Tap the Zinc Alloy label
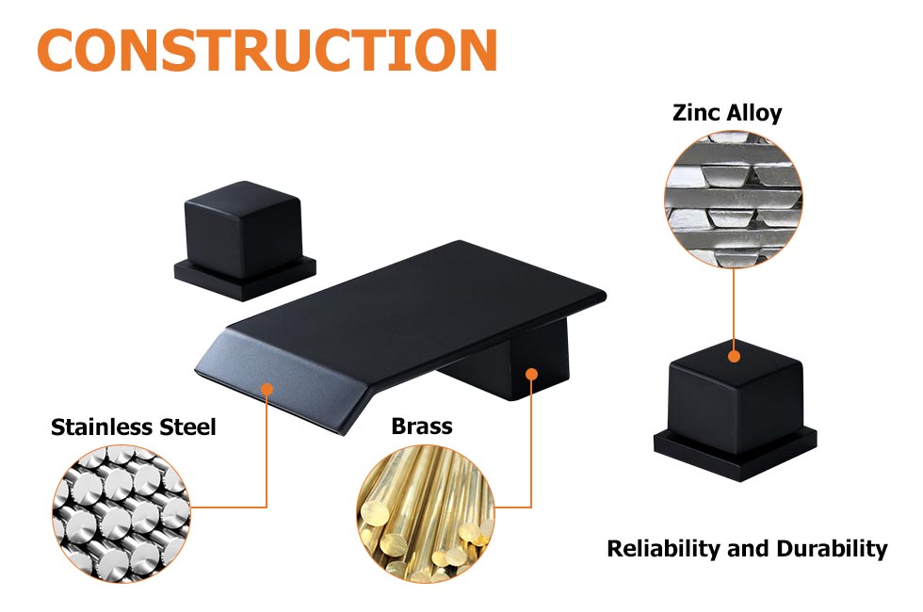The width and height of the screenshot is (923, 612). click(727, 113)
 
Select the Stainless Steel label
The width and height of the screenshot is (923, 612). click(134, 427)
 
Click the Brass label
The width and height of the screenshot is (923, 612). click(421, 427)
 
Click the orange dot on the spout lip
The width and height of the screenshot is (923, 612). click(267, 388)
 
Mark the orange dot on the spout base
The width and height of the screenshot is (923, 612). click(531, 375)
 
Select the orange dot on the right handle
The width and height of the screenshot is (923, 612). click(734, 356)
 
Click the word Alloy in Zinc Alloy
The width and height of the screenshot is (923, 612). click(754, 113)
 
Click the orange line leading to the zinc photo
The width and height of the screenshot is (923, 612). click(734, 301)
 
